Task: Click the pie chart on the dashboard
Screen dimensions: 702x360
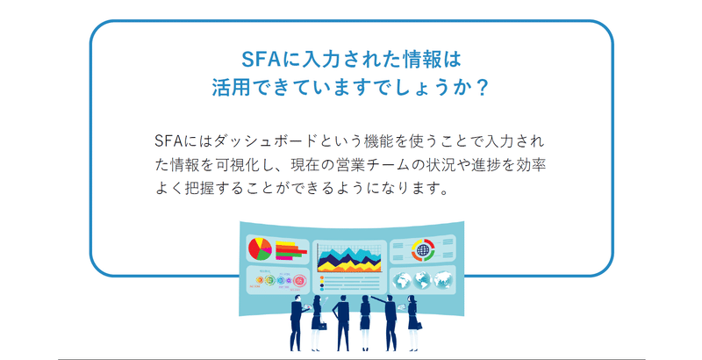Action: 260,249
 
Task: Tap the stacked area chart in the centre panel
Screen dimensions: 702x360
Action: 349,259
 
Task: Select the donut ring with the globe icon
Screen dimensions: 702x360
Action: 423,250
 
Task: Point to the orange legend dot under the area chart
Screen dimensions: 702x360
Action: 321,278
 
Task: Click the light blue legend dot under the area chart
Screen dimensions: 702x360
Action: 321,289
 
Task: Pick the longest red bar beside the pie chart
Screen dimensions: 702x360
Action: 291,252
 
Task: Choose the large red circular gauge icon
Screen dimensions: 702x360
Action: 300,281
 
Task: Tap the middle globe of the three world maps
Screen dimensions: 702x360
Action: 422,280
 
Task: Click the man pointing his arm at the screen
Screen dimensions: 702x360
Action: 389,322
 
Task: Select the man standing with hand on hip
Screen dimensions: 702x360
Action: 342,322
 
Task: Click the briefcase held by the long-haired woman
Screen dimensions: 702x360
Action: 323,326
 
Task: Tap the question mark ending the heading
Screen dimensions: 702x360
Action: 482,87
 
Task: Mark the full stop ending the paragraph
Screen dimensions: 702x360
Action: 444,192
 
